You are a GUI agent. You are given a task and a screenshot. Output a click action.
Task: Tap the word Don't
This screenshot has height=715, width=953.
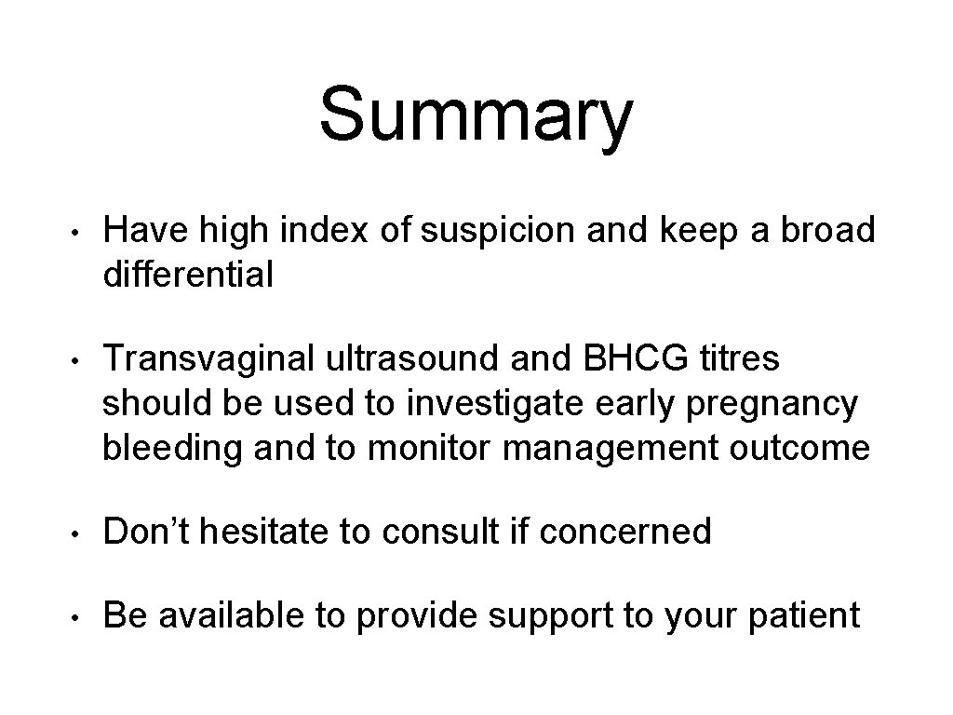pos(149,532)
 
